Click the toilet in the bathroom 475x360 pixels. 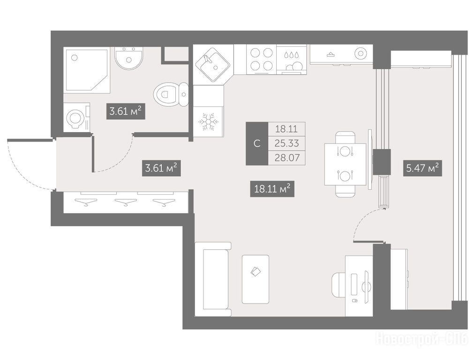(171, 94)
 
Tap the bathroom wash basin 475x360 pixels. (129, 59)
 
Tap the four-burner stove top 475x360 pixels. (262, 60)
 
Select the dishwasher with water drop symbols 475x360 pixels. (291, 60)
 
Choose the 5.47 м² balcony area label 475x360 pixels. (422, 168)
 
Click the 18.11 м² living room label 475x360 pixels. (272, 189)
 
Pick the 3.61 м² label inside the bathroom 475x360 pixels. (125, 112)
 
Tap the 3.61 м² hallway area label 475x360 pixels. (161, 168)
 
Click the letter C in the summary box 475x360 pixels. (257, 143)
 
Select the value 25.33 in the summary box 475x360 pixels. (287, 143)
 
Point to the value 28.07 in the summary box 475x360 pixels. (287, 158)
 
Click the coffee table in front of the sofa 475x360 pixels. (256, 279)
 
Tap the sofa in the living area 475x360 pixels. (213, 279)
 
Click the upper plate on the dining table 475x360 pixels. (345, 150)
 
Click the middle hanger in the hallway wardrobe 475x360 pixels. (126, 202)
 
